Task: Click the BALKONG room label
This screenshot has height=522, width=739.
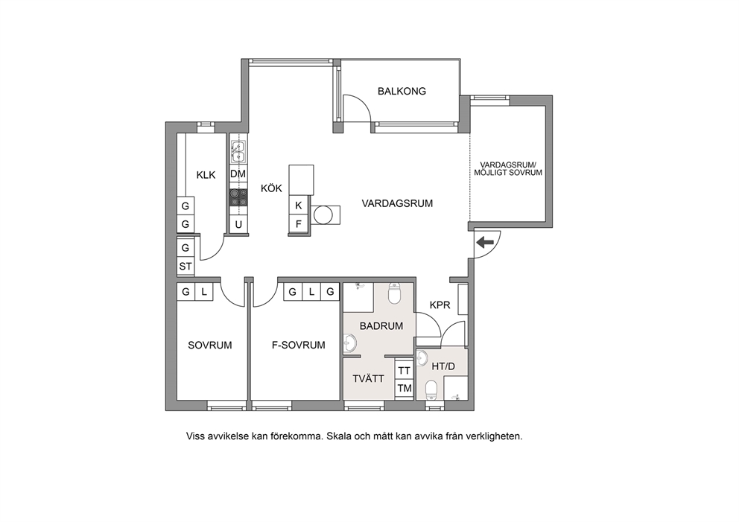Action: [x=402, y=92]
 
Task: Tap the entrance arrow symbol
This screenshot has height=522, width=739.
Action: [x=485, y=243]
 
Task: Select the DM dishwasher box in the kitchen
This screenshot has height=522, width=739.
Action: [x=238, y=174]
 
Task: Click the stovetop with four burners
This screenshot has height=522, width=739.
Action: [x=238, y=197]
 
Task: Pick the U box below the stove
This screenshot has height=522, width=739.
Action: [x=238, y=225]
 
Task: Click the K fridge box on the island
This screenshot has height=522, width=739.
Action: [x=298, y=206]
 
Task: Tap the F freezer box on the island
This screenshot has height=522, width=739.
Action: [x=298, y=224]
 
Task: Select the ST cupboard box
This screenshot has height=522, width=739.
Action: [x=185, y=266]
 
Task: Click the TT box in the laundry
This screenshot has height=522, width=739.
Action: [x=404, y=371]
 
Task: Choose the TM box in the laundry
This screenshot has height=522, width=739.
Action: [x=404, y=389]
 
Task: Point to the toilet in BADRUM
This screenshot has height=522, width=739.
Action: [x=394, y=293]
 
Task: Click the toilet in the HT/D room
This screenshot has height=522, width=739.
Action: [x=431, y=390]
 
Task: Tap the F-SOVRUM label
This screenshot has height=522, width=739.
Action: [x=298, y=346]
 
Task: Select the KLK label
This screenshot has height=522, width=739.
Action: [x=206, y=175]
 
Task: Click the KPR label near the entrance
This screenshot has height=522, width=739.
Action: [x=440, y=305]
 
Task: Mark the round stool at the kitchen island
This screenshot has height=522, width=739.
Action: [x=324, y=215]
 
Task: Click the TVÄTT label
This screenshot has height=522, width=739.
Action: [x=368, y=379]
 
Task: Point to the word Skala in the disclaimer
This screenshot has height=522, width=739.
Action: [x=339, y=436]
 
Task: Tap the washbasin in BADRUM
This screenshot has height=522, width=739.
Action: [x=349, y=343]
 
